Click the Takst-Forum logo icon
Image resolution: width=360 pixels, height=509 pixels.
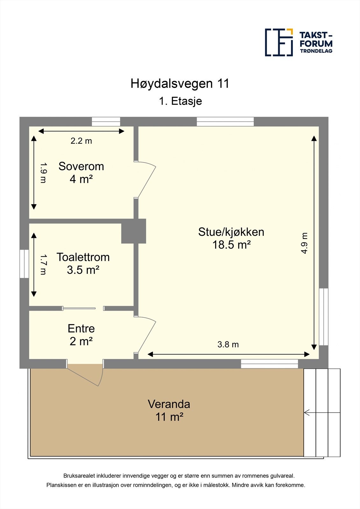(279, 42)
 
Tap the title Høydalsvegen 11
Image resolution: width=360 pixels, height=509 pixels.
(180, 84)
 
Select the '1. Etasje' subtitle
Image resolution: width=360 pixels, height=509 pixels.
(180, 101)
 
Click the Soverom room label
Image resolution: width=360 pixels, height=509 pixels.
(81, 172)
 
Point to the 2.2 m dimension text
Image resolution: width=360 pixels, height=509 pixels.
(81, 141)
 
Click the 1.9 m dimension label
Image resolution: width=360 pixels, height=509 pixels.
(43, 173)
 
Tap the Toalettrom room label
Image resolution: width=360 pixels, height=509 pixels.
(83, 263)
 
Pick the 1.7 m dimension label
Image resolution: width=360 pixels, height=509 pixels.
(43, 264)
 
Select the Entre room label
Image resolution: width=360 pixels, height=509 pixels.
(81, 335)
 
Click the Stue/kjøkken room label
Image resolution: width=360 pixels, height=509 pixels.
(231, 238)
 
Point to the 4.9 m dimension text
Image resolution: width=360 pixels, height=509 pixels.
(304, 243)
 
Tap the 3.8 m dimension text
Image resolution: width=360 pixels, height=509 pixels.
(228, 345)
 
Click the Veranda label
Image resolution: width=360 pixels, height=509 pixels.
(169, 410)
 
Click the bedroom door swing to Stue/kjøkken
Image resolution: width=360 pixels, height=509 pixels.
(146, 179)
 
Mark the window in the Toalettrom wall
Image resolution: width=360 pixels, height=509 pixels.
(24, 264)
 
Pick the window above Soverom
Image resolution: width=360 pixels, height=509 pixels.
(106, 122)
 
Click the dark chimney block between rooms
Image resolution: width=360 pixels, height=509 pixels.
(134, 231)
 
